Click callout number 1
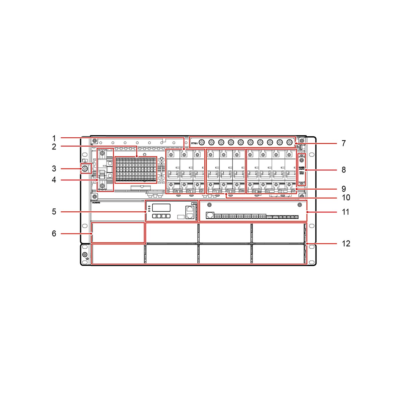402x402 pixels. tap(54, 138)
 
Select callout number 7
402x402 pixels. tap(344, 143)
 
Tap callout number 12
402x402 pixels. tap(346, 244)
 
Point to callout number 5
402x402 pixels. tap(54, 212)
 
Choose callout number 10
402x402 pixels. tap(346, 197)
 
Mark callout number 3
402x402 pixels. tap(54, 169)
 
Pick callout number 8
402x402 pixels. tap(344, 170)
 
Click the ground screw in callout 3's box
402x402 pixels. tap(85, 169)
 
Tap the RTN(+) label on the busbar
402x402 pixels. tap(194, 143)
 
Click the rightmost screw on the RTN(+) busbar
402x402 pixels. tap(289, 142)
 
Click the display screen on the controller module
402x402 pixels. tap(161, 207)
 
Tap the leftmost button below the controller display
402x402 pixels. tap(154, 216)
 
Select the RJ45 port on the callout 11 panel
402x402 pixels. tap(210, 215)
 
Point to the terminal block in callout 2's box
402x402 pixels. tap(136, 170)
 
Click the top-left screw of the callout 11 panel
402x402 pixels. tap(209, 205)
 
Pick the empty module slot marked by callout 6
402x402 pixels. tap(118, 232)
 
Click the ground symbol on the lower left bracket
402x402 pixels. tap(86, 259)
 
